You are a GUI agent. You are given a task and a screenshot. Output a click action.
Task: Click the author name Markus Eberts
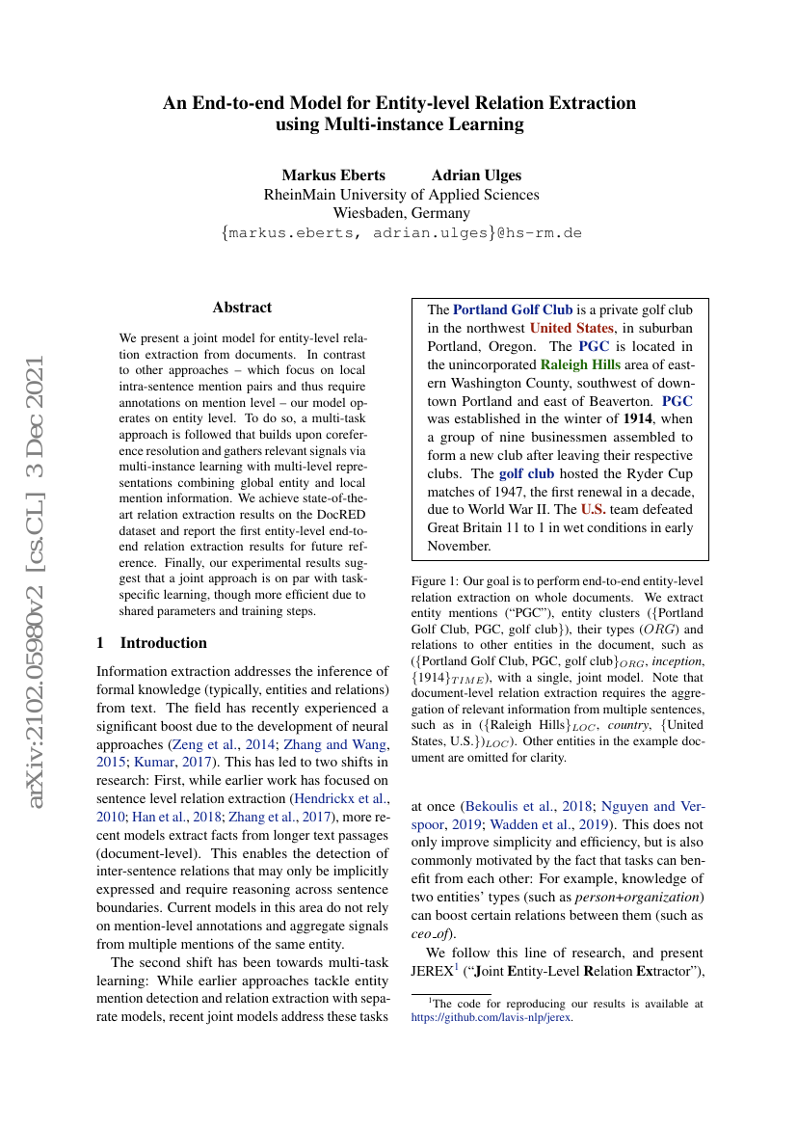coord(332,175)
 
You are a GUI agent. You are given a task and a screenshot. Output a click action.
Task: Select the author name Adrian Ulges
coord(476,175)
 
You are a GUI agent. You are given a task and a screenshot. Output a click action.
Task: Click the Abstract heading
coord(242,308)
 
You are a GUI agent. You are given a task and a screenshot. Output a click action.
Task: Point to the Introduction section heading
coord(152,643)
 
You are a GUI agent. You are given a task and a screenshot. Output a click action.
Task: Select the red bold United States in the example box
coord(571,328)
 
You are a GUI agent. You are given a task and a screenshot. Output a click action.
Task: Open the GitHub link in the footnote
coord(491,1016)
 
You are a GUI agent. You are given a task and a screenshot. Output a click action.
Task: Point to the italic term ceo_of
coord(429,934)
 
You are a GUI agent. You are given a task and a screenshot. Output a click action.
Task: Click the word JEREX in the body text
coord(437,971)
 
